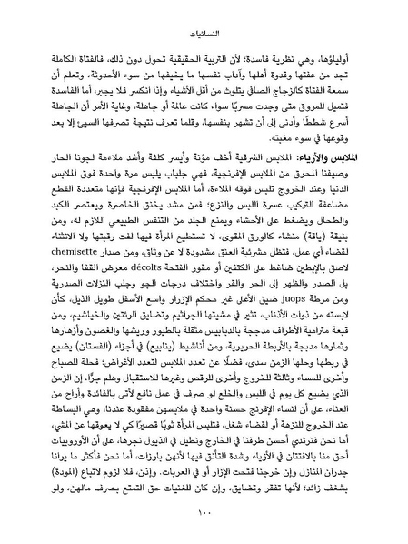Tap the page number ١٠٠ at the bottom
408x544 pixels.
[204, 519]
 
